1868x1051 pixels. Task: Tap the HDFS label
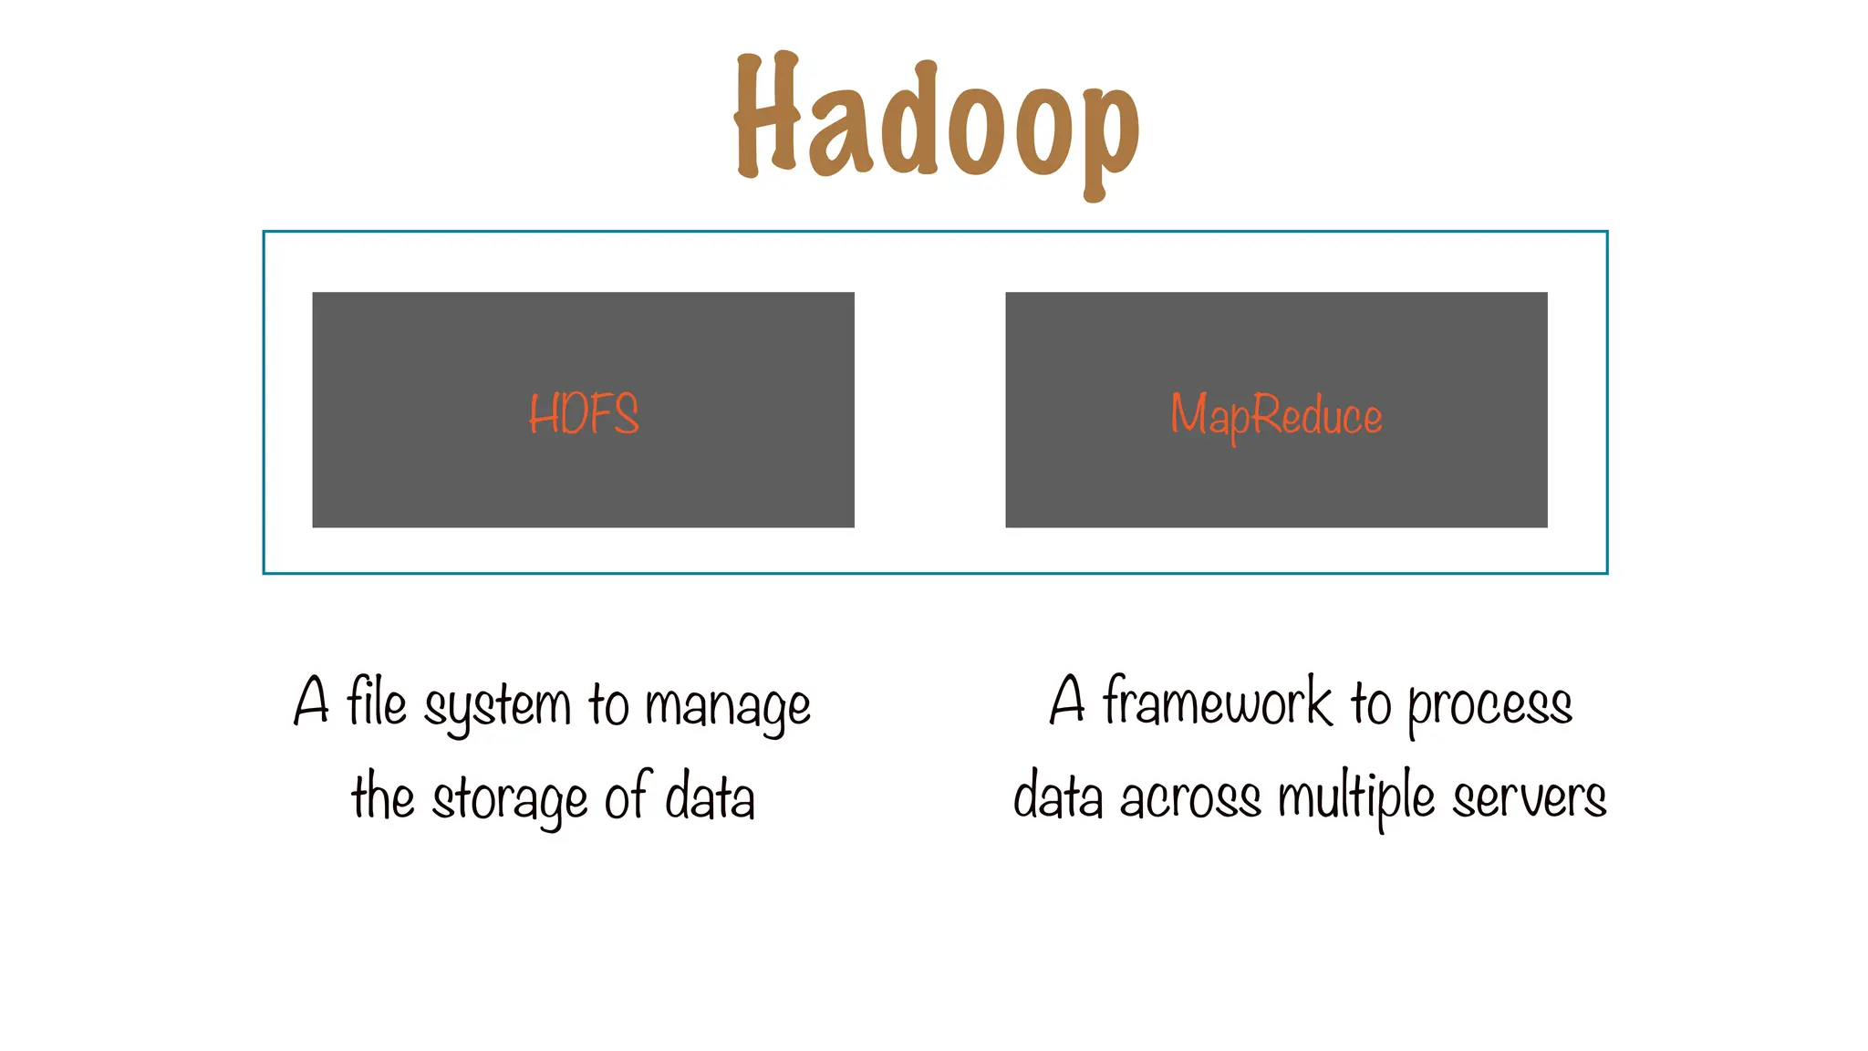point(584,413)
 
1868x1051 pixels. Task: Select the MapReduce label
point(1276,416)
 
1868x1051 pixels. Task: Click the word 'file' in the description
point(376,702)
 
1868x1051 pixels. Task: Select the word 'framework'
point(1217,702)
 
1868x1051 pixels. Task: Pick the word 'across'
point(1190,799)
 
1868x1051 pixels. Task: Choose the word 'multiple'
point(1356,797)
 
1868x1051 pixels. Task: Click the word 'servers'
point(1529,799)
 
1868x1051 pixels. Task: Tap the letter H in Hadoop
point(766,117)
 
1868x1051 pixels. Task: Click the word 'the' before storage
point(383,796)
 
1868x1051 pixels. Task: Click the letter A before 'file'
point(312,701)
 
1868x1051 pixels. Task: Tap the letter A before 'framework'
point(1068,701)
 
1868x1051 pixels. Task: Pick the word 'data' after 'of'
point(710,796)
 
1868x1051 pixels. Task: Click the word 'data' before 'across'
point(1058,796)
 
